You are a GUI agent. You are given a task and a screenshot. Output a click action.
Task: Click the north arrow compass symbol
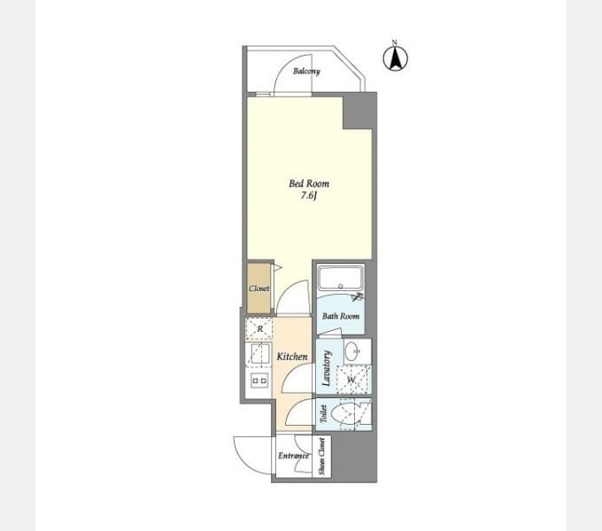[x=396, y=57]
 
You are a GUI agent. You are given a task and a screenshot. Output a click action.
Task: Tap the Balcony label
[x=306, y=72]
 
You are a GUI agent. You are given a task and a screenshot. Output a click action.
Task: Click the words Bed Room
[x=309, y=183]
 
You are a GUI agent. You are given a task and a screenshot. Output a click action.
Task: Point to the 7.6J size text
[x=308, y=196]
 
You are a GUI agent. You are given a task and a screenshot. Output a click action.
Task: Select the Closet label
[x=259, y=289]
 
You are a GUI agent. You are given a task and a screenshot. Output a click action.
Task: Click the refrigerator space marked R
[x=259, y=329]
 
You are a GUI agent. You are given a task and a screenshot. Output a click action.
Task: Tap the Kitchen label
[x=292, y=357]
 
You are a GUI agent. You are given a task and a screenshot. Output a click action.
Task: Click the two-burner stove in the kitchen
[x=259, y=381]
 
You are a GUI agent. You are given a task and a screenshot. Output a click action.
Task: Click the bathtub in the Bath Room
[x=341, y=278]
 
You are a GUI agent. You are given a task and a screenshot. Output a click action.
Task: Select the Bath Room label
[x=341, y=316]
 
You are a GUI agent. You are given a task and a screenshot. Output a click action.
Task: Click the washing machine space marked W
[x=352, y=380]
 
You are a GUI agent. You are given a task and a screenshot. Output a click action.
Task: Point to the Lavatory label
[x=327, y=368]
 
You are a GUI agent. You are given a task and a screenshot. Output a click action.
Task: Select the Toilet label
[x=323, y=414]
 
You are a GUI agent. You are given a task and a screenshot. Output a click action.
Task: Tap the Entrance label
[x=294, y=456]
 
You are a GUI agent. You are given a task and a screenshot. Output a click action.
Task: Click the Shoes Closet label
[x=321, y=457]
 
